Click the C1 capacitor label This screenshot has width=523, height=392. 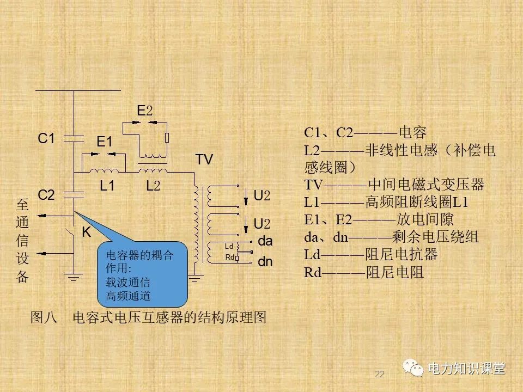pos(46,139)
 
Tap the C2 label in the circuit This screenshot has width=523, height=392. pos(46,194)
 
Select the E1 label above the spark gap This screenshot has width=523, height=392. pos(104,142)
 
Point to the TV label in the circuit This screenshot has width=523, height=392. pos(204,160)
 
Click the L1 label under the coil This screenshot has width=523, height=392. pos(107,186)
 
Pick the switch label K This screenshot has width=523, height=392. pos(86,232)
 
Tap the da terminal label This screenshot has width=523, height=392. pos(265,241)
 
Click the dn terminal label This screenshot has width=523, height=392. pos(265,262)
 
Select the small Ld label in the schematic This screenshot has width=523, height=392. pos(229,247)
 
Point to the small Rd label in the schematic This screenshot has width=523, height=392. pos(229,257)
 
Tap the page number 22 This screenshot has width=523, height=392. pos(380,374)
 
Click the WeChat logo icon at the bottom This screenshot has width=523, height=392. pos(413,369)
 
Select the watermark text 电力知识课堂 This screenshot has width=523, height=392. pos(467,369)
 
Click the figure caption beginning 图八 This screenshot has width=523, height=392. pos(149,317)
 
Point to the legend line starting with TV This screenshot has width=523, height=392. pos(394,184)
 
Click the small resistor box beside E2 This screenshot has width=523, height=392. pos(167,137)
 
